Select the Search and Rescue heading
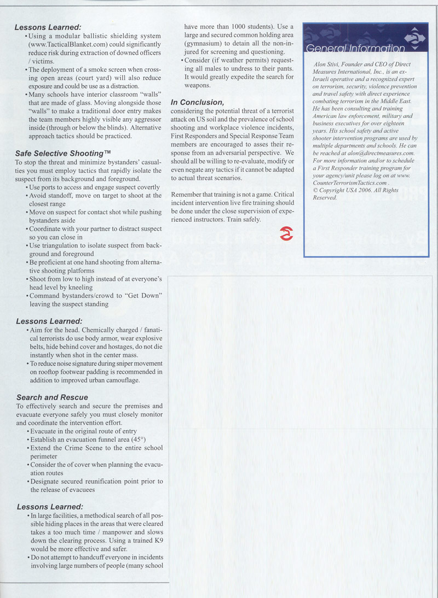52,397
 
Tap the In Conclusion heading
197,102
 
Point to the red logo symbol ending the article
286,233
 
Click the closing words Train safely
243,219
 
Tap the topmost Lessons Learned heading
48,27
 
